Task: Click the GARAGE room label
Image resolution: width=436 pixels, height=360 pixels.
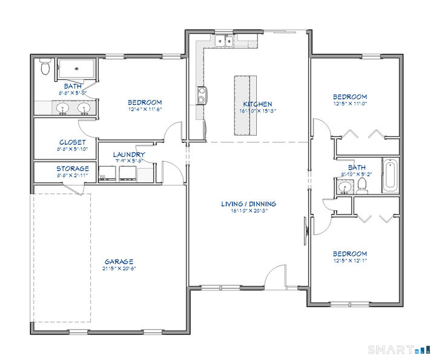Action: pyautogui.click(x=119, y=261)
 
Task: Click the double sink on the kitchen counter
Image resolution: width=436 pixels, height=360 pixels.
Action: pyautogui.click(x=226, y=41)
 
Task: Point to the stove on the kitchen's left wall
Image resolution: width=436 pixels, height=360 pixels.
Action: pyautogui.click(x=201, y=95)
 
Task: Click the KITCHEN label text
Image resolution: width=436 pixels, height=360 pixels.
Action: pyautogui.click(x=257, y=104)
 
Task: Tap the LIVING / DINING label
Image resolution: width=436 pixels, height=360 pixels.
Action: pyautogui.click(x=248, y=204)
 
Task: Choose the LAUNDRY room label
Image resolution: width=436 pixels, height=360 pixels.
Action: pyautogui.click(x=128, y=155)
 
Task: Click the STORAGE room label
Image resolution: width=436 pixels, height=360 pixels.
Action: pyautogui.click(x=73, y=168)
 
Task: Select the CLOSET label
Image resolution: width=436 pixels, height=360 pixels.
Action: pyautogui.click(x=72, y=142)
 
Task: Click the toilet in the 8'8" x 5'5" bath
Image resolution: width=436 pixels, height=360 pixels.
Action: pyautogui.click(x=44, y=68)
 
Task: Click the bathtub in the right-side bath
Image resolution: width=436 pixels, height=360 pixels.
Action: pyautogui.click(x=389, y=175)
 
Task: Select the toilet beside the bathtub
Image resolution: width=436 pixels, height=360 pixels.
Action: pyautogui.click(x=362, y=184)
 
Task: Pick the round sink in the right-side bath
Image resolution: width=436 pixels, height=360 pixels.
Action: pyautogui.click(x=345, y=186)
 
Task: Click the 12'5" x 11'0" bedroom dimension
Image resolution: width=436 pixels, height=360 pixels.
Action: pyautogui.click(x=349, y=104)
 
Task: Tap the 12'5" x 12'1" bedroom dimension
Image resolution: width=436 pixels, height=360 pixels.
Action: pyautogui.click(x=349, y=261)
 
